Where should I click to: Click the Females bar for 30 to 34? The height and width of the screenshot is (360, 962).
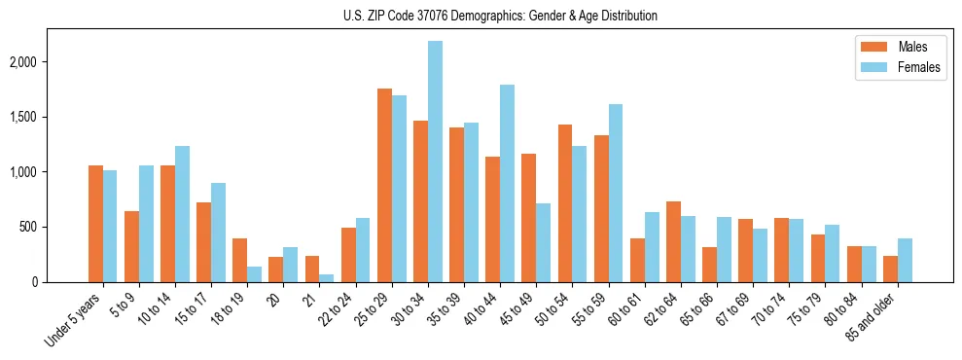click(x=435, y=162)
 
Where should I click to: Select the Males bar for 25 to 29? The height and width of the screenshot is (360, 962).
click(x=384, y=185)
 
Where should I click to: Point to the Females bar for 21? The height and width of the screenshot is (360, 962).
click(x=327, y=278)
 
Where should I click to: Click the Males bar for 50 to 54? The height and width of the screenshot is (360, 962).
click(x=565, y=203)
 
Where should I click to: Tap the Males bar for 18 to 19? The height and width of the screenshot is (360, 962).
click(x=240, y=260)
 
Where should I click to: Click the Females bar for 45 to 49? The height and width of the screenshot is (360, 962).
click(x=543, y=242)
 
